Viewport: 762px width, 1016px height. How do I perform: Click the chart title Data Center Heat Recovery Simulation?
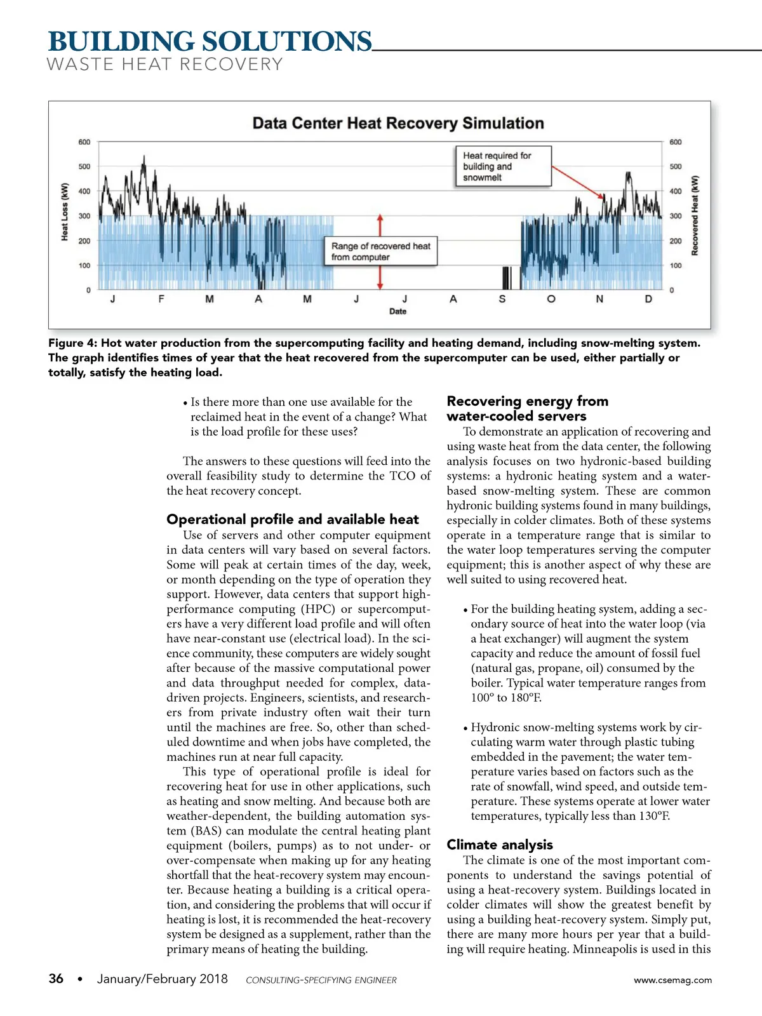pos(398,123)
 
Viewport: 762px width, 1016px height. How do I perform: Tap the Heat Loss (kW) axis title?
pos(65,212)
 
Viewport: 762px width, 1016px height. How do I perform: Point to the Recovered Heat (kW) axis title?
pos(695,216)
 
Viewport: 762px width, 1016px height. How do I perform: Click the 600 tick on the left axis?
pos(84,142)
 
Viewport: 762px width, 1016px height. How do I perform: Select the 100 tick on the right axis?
pos(676,265)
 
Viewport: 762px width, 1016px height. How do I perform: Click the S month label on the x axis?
pos(502,299)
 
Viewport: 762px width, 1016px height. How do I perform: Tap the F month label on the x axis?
pos(161,299)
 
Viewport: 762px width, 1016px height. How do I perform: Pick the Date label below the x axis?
pos(398,311)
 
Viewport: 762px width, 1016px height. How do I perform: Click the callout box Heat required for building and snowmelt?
pos(503,166)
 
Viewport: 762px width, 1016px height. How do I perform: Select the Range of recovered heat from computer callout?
pos(381,251)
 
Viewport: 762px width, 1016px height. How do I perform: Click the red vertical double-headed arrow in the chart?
pos(380,251)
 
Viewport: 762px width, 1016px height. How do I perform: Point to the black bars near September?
pos(506,277)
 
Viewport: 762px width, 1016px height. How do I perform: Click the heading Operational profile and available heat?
pos(293,519)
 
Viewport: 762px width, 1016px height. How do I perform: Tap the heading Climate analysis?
pos(500,845)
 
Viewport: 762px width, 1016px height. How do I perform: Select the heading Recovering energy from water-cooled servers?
pos(527,408)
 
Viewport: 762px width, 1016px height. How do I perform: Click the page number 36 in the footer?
pos(56,979)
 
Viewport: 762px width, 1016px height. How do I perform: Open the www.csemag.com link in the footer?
pos(672,980)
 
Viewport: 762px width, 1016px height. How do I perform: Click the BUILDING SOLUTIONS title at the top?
pos(210,42)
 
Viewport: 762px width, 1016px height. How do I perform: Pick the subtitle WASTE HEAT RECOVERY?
pos(164,65)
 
